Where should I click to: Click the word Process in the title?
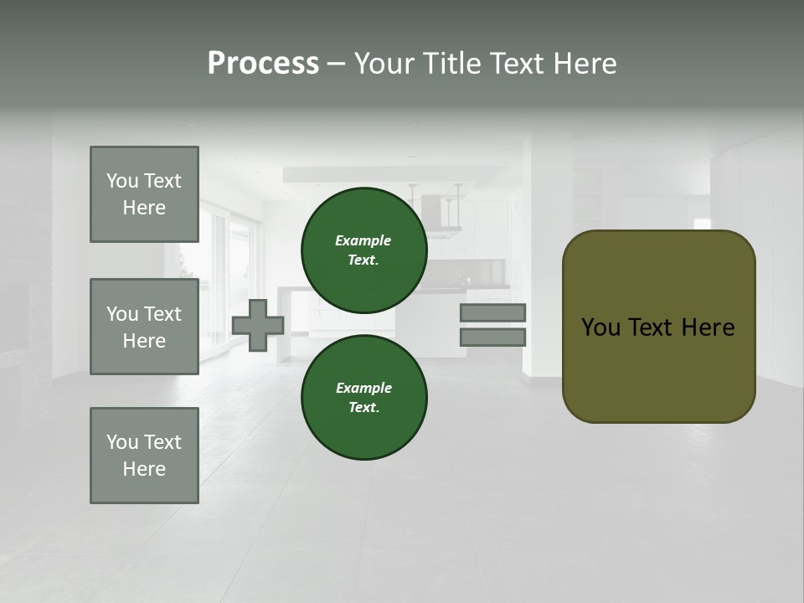(263, 64)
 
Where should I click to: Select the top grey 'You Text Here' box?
(144, 194)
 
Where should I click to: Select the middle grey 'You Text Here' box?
(144, 327)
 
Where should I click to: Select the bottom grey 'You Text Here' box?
(144, 456)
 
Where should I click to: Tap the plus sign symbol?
(258, 325)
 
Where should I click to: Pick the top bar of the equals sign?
(492, 312)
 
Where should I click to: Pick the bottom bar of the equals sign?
(492, 337)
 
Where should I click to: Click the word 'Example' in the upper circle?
(363, 240)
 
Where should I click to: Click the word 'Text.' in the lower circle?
(363, 407)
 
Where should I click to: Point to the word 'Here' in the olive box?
(708, 327)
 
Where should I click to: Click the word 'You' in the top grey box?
(121, 181)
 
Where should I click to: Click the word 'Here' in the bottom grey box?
(144, 469)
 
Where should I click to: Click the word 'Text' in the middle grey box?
(162, 314)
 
